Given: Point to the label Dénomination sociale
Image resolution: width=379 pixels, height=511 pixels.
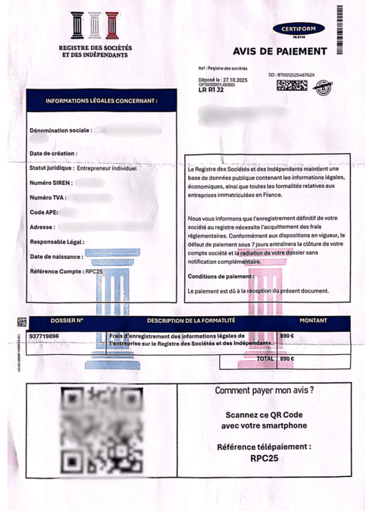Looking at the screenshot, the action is [60, 130].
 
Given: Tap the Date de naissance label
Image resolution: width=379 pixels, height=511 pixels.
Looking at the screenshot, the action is [58, 256].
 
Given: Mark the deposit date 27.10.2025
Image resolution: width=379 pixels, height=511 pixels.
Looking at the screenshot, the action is [233, 79].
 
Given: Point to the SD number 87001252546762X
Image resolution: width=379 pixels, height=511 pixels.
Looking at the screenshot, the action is [296, 75].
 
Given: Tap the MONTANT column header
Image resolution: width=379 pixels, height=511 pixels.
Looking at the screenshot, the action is [313, 321].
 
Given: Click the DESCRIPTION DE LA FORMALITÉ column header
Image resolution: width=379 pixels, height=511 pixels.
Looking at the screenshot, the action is [193, 321].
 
